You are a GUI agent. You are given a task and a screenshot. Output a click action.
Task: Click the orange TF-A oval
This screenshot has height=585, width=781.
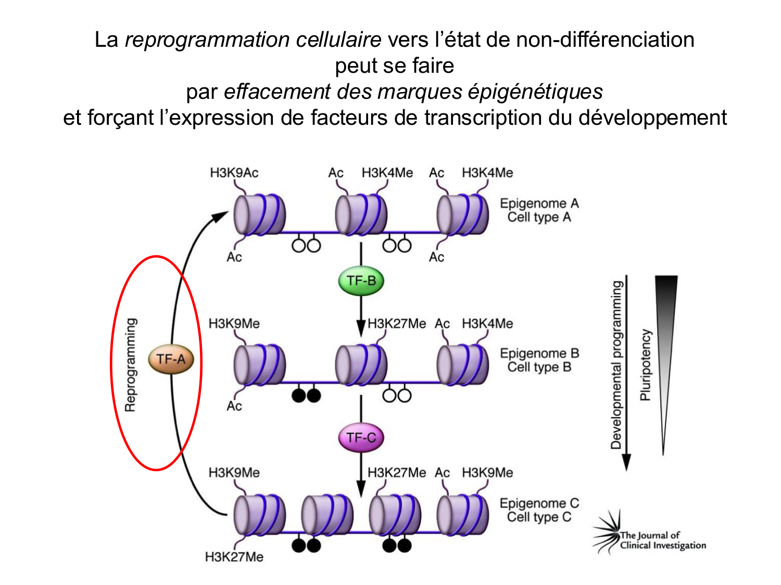click(171, 359)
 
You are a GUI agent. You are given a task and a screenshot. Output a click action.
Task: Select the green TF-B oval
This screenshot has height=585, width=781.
click(361, 281)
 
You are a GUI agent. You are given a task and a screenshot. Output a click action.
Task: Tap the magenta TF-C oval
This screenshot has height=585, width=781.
click(361, 438)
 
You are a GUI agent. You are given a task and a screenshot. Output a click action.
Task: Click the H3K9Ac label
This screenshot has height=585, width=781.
click(234, 173)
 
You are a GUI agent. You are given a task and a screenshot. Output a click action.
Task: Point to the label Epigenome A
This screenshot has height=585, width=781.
click(539, 203)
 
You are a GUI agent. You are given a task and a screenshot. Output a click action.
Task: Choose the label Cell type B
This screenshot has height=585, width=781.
click(539, 367)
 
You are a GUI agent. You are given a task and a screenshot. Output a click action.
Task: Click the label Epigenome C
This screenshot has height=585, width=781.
click(539, 503)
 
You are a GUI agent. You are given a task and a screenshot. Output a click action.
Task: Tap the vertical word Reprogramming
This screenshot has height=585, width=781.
click(131, 365)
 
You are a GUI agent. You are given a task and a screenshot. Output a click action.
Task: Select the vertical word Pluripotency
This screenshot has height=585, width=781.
click(646, 365)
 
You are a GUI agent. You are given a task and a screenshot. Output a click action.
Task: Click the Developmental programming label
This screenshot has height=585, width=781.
click(616, 365)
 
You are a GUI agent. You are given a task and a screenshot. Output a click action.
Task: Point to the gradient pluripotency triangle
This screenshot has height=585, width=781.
click(665, 333)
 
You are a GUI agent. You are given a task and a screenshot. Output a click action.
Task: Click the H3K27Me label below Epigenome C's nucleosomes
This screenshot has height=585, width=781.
click(234, 557)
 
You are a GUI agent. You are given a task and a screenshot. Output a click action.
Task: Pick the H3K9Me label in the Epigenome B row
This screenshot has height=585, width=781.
click(234, 323)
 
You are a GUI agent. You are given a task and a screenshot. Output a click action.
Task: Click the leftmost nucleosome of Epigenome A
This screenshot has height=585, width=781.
click(259, 214)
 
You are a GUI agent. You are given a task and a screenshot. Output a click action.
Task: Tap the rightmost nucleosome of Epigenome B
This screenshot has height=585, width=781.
click(462, 365)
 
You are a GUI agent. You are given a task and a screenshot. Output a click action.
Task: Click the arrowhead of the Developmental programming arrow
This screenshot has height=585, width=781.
click(626, 462)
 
